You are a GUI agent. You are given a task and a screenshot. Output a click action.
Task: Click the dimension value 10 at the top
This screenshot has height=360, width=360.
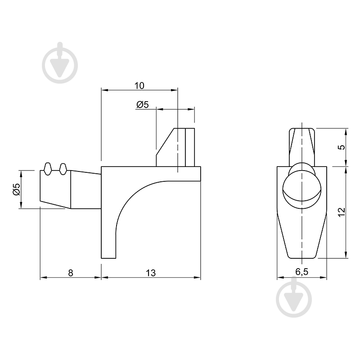[x=139, y=85]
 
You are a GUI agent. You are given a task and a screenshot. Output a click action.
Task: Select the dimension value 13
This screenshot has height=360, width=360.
[x=151, y=273]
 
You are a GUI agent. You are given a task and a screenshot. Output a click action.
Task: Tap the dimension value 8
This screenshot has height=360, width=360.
[x=71, y=273]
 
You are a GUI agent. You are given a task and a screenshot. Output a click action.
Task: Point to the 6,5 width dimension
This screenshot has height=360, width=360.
[x=301, y=272]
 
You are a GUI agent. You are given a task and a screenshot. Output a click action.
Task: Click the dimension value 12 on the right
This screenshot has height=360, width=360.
[x=342, y=211]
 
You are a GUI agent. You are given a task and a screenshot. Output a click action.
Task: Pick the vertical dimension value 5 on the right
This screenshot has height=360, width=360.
[x=342, y=147]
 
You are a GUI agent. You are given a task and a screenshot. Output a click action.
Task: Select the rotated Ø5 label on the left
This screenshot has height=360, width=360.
[x=17, y=189]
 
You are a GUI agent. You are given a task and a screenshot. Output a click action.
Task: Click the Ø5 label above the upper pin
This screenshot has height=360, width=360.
[x=143, y=104]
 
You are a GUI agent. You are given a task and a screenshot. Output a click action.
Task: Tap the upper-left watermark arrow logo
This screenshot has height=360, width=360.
[x=60, y=63]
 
